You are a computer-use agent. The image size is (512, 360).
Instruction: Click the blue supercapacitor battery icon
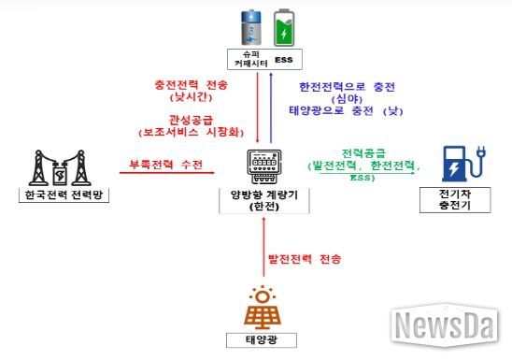(252, 27)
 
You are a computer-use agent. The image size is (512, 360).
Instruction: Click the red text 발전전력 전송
(305, 257)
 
